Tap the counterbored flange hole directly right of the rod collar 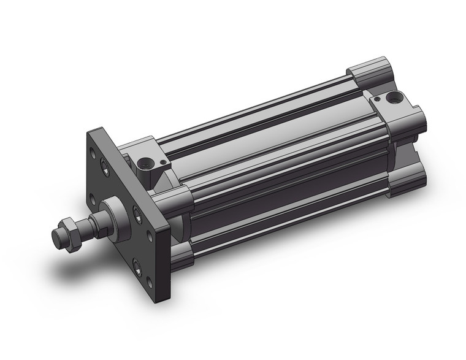coord(136,213)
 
